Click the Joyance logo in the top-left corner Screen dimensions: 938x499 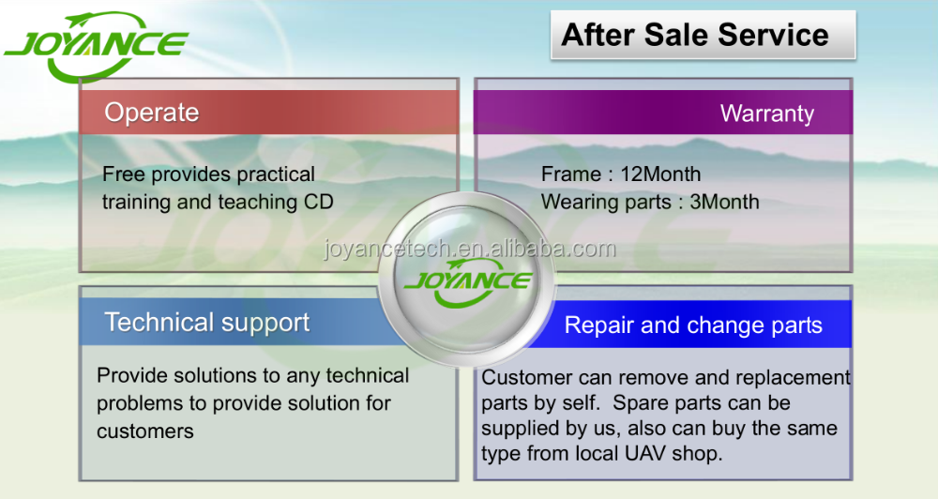tap(96, 47)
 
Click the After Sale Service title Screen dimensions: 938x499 tap(695, 35)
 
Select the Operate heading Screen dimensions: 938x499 tap(151, 113)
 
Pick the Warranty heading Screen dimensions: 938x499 tap(767, 113)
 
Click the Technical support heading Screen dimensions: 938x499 tap(207, 323)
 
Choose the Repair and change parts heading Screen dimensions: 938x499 tap(693, 325)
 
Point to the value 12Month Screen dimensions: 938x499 tap(660, 174)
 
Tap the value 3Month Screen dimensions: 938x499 tap(724, 202)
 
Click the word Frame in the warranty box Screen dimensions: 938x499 tap(571, 174)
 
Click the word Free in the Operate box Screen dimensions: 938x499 tap(124, 174)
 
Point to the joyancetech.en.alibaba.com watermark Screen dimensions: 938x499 tap(470, 249)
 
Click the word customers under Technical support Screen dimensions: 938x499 tap(145, 431)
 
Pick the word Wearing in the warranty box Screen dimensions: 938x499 tap(576, 203)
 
